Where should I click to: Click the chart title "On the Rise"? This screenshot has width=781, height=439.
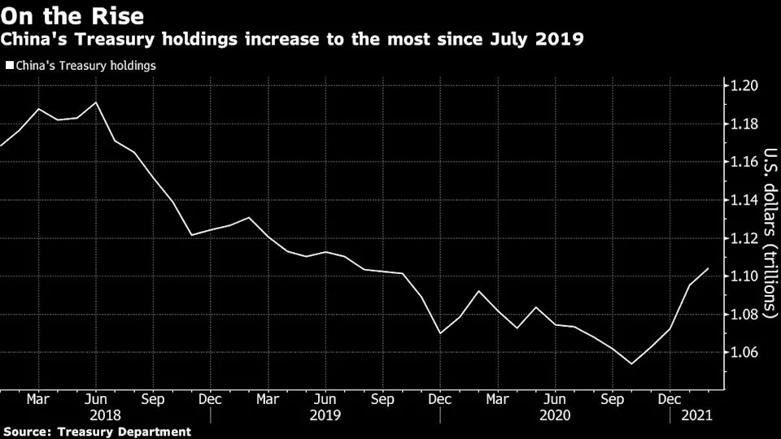coord(74,15)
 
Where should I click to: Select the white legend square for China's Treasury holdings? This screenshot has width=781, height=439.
coord(10,66)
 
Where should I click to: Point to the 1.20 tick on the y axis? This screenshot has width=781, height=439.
coord(743,86)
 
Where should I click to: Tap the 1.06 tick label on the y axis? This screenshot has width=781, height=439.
coord(743,353)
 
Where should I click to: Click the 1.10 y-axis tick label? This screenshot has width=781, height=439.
coord(743,276)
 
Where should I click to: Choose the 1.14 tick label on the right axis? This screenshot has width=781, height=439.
coord(743,200)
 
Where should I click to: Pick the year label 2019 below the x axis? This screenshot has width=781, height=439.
coord(325,415)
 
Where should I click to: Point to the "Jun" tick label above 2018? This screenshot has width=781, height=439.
coord(97,400)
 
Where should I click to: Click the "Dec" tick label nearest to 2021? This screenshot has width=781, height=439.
coord(669,400)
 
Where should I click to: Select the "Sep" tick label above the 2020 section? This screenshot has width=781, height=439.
coord(612,400)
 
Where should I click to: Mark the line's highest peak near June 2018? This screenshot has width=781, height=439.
coord(97,102)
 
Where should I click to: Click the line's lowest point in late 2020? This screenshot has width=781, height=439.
coord(631,363)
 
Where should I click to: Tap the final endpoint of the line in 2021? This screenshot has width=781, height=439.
coord(709,268)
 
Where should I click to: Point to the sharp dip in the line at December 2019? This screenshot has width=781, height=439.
coord(440,333)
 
